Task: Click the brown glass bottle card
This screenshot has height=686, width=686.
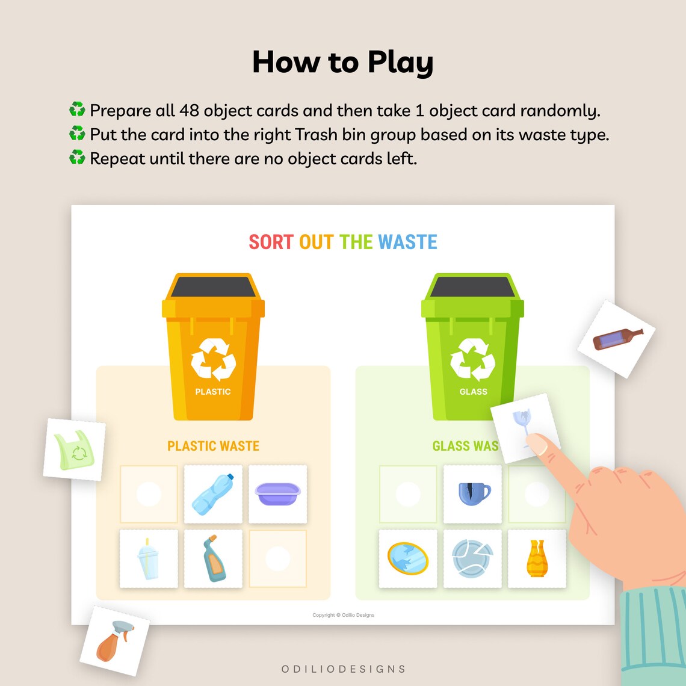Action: coord(617,339)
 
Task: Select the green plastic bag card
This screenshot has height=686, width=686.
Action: coord(75,449)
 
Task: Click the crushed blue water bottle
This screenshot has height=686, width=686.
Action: coord(213,493)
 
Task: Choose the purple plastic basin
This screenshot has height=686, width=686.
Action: coord(277,493)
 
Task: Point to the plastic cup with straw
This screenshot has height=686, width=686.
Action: coord(149,558)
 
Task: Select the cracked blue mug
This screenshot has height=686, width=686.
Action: coord(473,493)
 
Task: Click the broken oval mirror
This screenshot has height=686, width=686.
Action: coord(408,558)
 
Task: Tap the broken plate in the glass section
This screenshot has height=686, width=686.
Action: coord(473,558)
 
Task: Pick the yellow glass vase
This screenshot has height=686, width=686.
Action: coord(537,558)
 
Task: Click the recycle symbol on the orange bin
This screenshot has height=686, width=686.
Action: coord(213,359)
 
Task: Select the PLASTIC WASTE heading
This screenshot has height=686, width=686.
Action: coord(213,446)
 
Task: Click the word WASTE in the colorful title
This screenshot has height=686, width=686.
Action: coord(407,242)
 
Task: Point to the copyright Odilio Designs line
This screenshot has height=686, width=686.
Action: coord(343,615)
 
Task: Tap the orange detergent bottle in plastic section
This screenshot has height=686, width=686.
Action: coord(213,558)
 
